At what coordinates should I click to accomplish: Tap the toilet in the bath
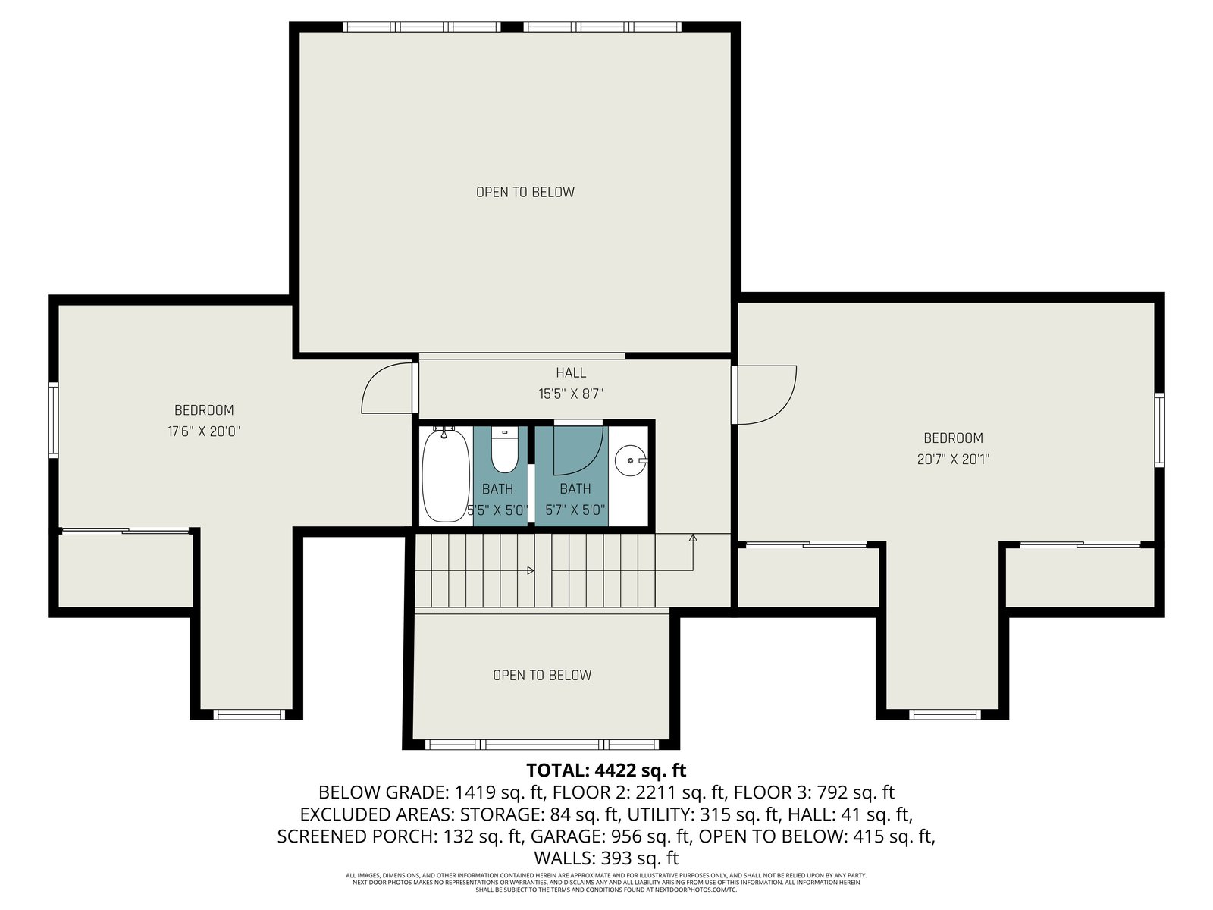point(503,450)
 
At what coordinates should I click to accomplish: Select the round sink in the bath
point(631,460)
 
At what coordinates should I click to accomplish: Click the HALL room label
point(571,373)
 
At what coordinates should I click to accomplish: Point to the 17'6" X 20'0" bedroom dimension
point(204,431)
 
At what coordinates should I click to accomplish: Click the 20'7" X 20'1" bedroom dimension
point(953,459)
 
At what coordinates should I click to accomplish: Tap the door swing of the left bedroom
point(387,388)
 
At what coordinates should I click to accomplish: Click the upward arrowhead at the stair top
point(693,537)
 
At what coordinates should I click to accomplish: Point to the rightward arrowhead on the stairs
point(531,570)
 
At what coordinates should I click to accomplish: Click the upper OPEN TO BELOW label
point(525,193)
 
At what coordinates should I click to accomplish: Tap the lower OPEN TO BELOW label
point(542,675)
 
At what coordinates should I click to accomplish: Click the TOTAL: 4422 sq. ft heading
point(606,770)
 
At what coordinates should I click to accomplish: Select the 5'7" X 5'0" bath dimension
point(575,510)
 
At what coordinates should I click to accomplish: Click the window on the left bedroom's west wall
point(53,420)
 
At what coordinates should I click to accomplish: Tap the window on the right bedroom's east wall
point(1159,430)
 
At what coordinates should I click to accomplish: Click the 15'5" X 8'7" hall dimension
point(571,394)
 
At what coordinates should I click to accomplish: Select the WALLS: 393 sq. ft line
point(606,858)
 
